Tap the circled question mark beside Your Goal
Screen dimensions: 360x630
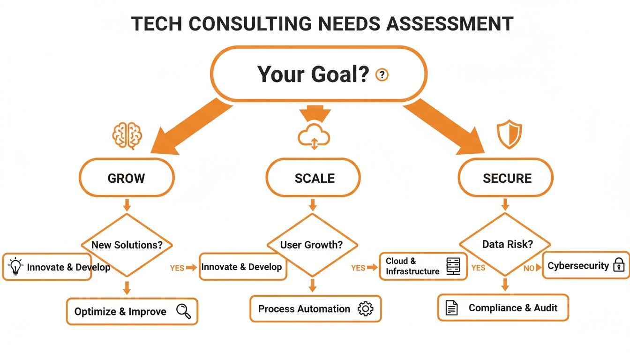coord(382,75)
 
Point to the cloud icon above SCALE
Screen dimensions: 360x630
coord(314,135)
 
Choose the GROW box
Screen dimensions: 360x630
coord(127,178)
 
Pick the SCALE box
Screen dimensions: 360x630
coord(314,178)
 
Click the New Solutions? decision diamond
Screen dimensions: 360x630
coord(127,245)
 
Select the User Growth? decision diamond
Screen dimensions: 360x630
coord(312,245)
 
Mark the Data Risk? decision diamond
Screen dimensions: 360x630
coord(505,244)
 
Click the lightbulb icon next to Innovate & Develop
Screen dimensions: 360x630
coord(15,266)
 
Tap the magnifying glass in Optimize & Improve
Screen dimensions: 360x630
coord(183,311)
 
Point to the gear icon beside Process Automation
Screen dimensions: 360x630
coord(365,308)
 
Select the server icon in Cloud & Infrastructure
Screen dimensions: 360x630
coord(453,266)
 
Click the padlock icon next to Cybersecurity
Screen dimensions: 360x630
coord(619,265)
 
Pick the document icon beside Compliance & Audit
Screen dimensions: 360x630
coord(451,308)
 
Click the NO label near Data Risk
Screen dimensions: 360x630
coord(529,269)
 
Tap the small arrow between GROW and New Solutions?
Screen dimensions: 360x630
coord(127,205)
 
